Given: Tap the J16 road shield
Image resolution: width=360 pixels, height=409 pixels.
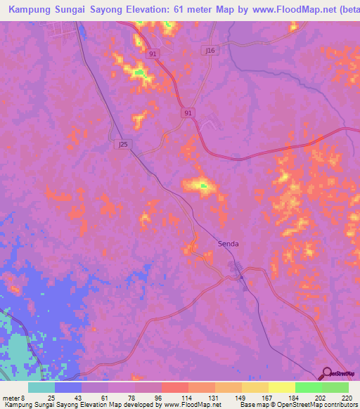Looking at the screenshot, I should point(209,51).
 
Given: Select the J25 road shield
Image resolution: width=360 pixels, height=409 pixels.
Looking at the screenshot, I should point(123,144).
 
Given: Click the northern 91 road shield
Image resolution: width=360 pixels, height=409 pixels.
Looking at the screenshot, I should point(152,53).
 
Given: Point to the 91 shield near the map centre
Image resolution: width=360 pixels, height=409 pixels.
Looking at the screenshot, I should point(188,112).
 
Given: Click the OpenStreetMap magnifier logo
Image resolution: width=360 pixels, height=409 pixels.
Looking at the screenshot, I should point(326,373).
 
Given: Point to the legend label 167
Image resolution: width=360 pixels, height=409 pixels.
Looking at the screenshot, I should point(263,398).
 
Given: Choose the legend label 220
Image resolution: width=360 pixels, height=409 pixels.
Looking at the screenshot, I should point(345,398).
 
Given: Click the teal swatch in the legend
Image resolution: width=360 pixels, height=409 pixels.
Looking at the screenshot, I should point(41,387).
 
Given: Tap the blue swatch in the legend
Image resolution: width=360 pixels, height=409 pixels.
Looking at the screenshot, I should point(68,387).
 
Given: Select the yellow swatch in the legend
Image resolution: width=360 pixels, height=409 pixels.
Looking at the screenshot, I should point(281,387).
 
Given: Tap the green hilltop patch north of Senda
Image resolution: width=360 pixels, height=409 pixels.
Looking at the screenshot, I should point(203,186).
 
